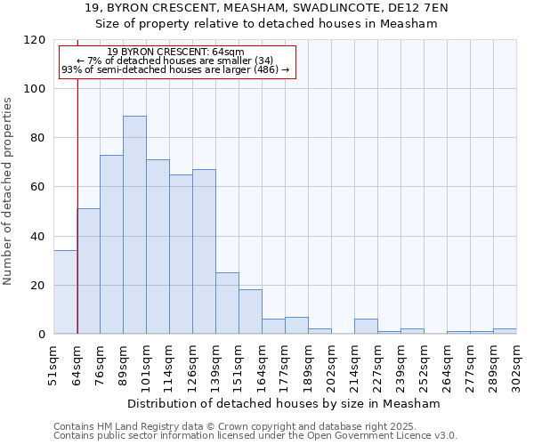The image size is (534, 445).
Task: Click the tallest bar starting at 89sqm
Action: coord(134,225)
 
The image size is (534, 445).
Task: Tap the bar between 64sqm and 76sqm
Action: coord(88,271)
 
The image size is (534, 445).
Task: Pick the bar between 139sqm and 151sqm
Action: coord(227,303)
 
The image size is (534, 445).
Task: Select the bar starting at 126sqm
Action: coord(204,252)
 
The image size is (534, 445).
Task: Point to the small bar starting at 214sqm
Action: coord(366,327)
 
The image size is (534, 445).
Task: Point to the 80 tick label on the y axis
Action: coord(38,138)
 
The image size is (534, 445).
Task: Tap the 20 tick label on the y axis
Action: coord(38,286)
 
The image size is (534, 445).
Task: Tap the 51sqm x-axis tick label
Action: coord(53,362)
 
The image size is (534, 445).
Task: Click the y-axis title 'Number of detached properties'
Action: coord(8,187)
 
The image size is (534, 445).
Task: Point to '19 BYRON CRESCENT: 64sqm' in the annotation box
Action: coord(175,53)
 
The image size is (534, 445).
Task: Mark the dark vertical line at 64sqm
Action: coord(77,196)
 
